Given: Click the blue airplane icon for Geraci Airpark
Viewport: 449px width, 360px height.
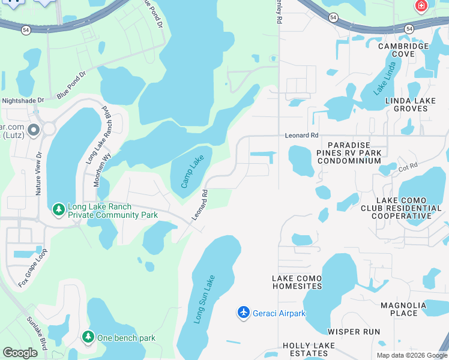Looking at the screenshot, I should [x=243, y=313].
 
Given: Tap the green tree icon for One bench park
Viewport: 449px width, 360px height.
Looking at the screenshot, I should [x=88, y=337].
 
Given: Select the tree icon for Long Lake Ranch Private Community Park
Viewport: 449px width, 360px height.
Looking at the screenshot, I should [x=58, y=209].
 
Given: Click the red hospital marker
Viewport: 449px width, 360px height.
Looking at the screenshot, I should [x=421, y=6].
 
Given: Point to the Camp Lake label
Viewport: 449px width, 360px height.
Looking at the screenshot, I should [x=192, y=172].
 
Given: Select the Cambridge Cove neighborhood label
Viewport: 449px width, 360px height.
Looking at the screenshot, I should [x=403, y=50].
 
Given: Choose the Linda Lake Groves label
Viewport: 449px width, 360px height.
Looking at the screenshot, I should [x=406, y=104].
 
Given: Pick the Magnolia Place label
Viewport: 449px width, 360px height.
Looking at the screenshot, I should [x=403, y=309].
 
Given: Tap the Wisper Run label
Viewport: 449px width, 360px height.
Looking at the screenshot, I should [x=354, y=331].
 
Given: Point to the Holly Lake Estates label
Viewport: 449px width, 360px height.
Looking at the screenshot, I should [x=305, y=350].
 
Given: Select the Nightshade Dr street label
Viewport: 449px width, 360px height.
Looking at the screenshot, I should [x=23, y=101].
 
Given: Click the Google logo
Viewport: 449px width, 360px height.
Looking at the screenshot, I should [x=20, y=353].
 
